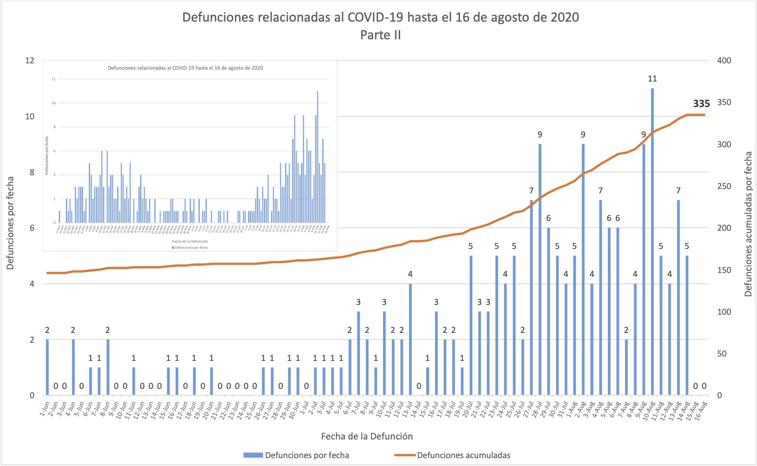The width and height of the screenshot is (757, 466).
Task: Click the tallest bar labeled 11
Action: coord(652,241)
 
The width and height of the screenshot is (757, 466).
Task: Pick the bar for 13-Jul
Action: coord(410,339)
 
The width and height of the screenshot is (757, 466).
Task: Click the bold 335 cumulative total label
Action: coord(701,104)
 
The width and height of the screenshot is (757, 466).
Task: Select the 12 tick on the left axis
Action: coord(30,60)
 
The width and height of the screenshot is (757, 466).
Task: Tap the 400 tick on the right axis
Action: coord(724,60)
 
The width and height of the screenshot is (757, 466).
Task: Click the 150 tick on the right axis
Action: coord(724,270)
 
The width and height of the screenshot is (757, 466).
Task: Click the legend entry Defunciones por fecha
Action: coord(307,455)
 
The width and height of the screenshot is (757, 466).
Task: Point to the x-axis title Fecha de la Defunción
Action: coord(367,436)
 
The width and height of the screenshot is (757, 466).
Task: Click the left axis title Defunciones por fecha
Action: coord(11,223)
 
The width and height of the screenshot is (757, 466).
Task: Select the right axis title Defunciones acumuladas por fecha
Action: coord(748,224)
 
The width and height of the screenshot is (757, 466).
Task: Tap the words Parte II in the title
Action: coord(380,35)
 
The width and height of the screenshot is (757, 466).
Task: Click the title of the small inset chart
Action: coord(185,68)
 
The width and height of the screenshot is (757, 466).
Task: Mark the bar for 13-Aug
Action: coord(678,297)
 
